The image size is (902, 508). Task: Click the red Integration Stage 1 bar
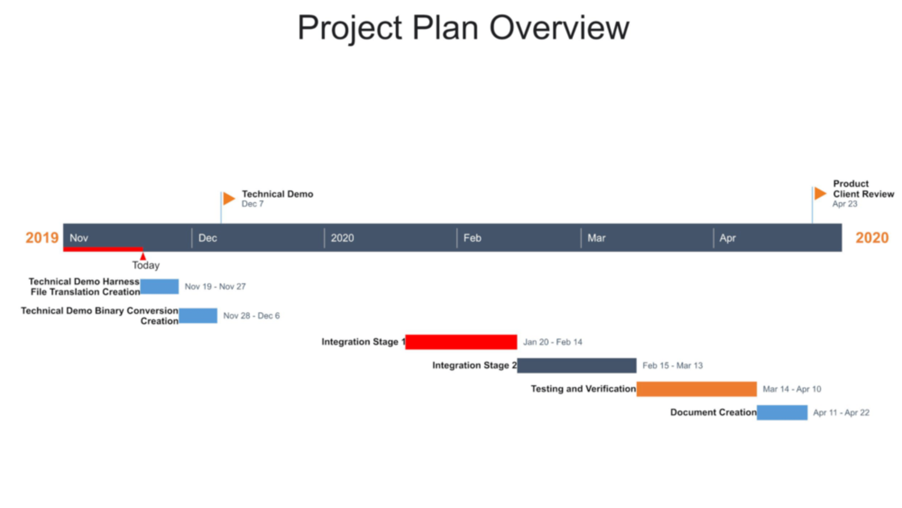coord(461,342)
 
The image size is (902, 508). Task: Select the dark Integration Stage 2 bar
coord(577,365)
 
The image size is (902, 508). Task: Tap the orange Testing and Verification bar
coord(696,389)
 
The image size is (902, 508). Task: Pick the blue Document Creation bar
coord(782,412)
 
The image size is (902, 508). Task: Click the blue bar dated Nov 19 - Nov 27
coord(159,286)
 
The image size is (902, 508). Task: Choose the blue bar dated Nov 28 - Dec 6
coord(198,316)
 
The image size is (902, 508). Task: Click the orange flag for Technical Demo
coord(229,199)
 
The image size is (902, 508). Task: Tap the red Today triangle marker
coord(143,256)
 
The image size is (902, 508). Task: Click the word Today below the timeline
coord(146,265)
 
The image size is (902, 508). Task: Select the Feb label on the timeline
coord(472,238)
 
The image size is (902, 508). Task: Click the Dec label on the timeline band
coord(207,238)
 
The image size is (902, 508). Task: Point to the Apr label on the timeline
coord(727,238)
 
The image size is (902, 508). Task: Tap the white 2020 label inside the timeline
coord(342,238)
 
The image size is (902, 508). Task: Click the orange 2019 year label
coord(42,238)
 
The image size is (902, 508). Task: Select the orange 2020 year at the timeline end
coord(872,238)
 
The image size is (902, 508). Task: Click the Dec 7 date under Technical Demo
coord(253,204)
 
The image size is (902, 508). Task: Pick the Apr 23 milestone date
coord(845,204)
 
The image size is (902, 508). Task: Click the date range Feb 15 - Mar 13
coord(672,365)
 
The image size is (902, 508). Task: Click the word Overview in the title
coord(559,28)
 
